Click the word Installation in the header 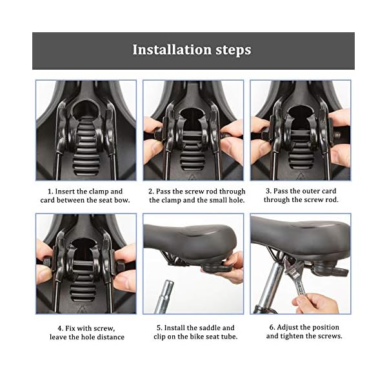pos(172,50)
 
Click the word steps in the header pos(233,50)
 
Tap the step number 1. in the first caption pos(50,192)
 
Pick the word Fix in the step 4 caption pos(70,328)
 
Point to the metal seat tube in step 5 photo pos(164,297)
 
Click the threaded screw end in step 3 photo pos(337,135)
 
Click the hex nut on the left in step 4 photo pos(48,263)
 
